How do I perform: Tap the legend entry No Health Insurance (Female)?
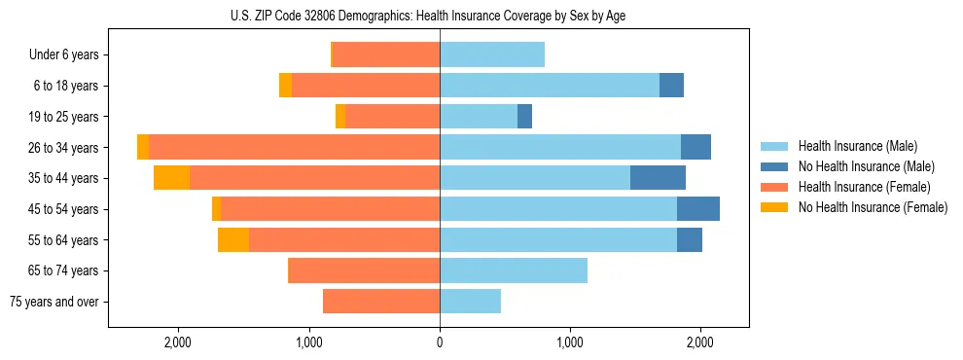click(873, 207)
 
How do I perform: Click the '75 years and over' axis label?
click(54, 302)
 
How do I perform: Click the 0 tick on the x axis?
click(440, 342)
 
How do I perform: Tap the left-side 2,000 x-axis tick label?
click(178, 342)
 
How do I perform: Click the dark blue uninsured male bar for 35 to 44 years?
click(658, 178)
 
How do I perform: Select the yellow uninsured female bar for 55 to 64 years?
click(233, 239)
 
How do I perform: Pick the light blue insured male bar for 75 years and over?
click(470, 302)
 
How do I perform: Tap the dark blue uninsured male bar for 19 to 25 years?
click(524, 117)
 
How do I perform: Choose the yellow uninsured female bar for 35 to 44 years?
click(171, 178)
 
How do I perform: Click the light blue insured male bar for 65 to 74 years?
click(514, 270)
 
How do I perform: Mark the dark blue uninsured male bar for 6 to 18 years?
click(671, 86)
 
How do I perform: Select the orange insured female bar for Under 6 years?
click(386, 55)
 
